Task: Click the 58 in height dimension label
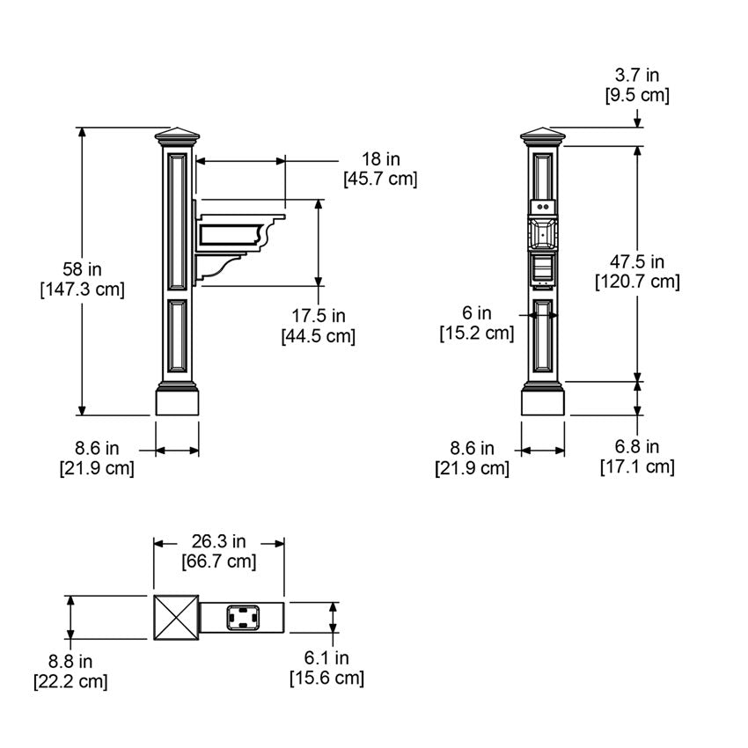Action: [82, 269]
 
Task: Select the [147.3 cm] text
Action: [82, 290]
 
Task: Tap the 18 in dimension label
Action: [380, 159]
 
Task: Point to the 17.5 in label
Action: [318, 316]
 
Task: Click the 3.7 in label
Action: [636, 77]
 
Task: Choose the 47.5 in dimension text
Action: [637, 261]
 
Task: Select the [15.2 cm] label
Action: [476, 333]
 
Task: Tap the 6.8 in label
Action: [637, 447]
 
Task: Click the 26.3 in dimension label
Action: [218, 541]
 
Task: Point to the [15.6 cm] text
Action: [326, 678]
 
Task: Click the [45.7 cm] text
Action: [380, 180]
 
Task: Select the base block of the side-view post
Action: [177, 401]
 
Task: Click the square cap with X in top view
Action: [175, 617]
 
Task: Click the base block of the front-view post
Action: [543, 401]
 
